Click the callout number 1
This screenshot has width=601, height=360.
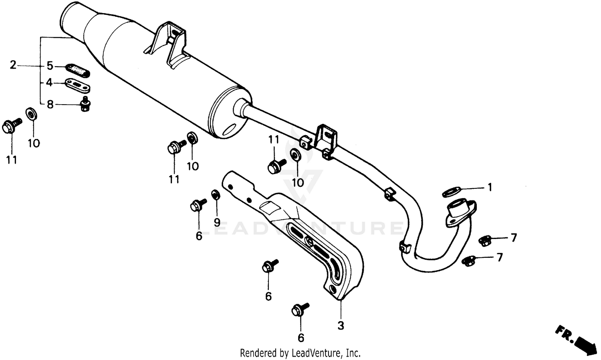tap(489, 187)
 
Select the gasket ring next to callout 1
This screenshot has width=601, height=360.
tap(451, 192)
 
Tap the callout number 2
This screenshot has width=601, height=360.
tap(13, 65)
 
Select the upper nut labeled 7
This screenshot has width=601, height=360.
tap(485, 240)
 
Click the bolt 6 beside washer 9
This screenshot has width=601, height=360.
tap(197, 205)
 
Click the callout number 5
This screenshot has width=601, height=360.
tap(50, 65)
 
